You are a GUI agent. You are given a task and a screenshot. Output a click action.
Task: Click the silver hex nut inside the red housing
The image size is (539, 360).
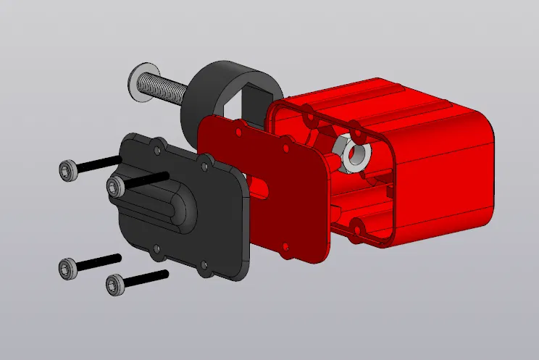348,148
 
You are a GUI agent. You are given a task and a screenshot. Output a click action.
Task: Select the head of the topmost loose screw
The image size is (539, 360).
67,170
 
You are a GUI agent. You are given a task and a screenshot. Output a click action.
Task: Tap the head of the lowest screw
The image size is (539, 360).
114,285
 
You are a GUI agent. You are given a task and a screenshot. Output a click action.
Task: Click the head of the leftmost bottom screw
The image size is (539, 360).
67,269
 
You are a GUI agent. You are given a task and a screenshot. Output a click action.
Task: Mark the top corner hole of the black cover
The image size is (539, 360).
158,149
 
